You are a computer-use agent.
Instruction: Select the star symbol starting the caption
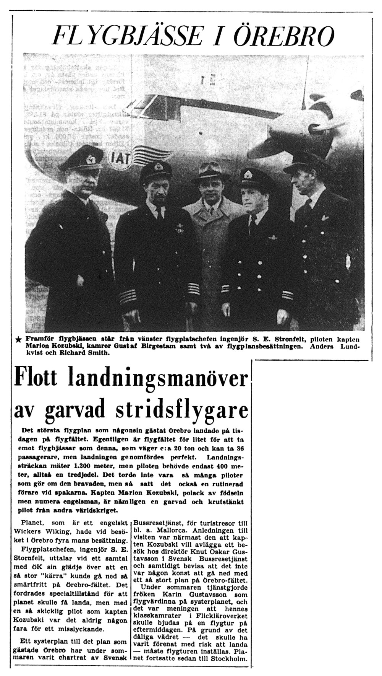click(19, 340)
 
